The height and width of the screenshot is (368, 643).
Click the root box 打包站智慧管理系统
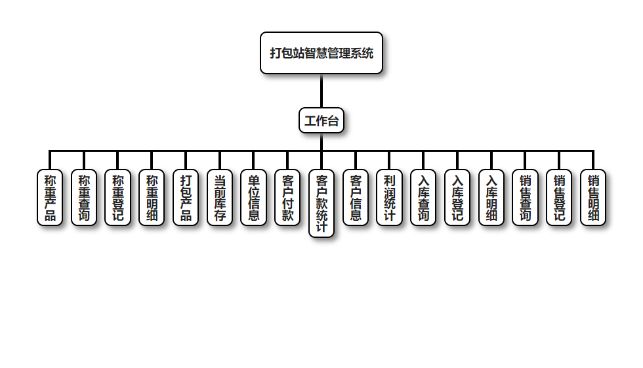321,53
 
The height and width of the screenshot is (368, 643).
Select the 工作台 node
321,121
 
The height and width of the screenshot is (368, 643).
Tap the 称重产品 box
50,197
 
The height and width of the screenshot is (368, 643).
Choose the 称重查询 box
84,197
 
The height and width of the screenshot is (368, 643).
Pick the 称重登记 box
118,197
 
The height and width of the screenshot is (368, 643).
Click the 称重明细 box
152,197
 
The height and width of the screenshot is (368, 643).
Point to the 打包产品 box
186,197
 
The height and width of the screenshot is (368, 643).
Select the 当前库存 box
220,197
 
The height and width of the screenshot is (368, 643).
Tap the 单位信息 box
253,197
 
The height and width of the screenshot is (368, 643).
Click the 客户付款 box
287,197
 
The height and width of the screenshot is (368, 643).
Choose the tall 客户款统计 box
321,203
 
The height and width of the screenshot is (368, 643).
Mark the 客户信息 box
356,197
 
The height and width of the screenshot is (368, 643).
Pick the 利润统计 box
390,197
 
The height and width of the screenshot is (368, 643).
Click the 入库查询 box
424,197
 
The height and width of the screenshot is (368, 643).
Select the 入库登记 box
457,197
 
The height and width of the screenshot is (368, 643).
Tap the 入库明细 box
491,197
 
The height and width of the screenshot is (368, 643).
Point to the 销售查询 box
525,197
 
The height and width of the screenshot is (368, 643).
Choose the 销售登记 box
559,197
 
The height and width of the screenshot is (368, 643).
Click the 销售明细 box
593,197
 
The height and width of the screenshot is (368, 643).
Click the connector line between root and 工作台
321,91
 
